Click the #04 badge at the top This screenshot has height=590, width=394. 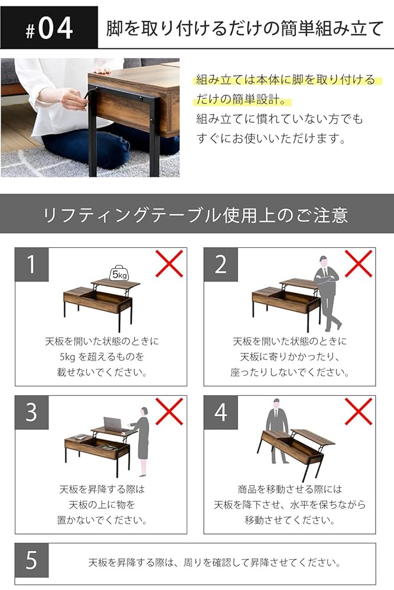(49, 28)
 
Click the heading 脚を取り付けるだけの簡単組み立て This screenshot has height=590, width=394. (245, 28)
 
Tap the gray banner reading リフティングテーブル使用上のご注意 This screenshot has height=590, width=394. (197, 214)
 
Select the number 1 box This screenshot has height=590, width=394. (31, 264)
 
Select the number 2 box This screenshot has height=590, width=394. (220, 264)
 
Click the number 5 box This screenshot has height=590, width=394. (31, 560)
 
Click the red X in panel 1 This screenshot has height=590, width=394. (170, 263)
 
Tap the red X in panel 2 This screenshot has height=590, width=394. (359, 263)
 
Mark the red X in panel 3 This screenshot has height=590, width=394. (170, 411)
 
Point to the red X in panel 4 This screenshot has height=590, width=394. (359, 411)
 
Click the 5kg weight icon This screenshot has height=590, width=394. (119, 273)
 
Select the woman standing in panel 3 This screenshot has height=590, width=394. (142, 440)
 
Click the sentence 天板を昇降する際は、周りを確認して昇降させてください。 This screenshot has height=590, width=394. (214, 561)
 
